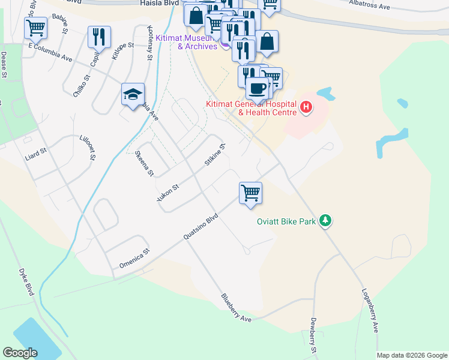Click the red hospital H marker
(x=306, y=108)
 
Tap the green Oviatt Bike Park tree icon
(x=325, y=221)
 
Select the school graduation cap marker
(x=133, y=95)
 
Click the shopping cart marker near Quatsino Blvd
(x=250, y=193)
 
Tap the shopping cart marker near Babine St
(x=35, y=28)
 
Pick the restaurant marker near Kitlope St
(x=99, y=37)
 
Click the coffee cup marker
(x=258, y=88)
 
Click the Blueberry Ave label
(x=235, y=308)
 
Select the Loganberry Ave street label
(x=370, y=311)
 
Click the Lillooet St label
(x=87, y=147)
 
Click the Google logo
(x=20, y=353)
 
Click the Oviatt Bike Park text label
(x=286, y=221)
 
